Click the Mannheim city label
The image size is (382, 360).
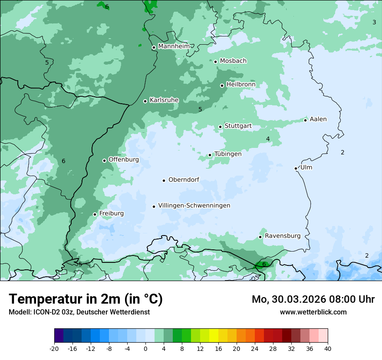(x=174, y=46)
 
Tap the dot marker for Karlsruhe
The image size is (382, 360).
(x=145, y=101)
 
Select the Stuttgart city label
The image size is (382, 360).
(x=238, y=126)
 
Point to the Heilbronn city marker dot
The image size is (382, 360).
(x=222, y=85)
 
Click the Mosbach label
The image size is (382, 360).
(x=233, y=61)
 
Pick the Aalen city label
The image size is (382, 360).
(x=318, y=119)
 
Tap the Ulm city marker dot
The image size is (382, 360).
(x=296, y=168)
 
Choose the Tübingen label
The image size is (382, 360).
(x=228, y=154)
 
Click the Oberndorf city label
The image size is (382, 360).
(x=184, y=180)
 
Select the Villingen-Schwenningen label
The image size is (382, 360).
(x=194, y=205)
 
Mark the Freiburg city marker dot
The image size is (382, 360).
(x=95, y=214)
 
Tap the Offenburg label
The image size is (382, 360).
(x=124, y=159)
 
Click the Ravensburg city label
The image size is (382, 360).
(x=283, y=236)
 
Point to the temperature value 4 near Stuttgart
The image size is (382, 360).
(x=268, y=139)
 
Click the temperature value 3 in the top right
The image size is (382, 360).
(x=374, y=22)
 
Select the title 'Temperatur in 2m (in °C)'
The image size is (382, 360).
(x=86, y=299)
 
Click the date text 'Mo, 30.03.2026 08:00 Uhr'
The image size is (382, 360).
(x=313, y=299)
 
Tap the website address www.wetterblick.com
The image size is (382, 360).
(x=313, y=312)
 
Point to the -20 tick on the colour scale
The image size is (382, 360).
(x=54, y=348)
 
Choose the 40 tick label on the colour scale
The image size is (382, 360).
(x=328, y=348)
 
